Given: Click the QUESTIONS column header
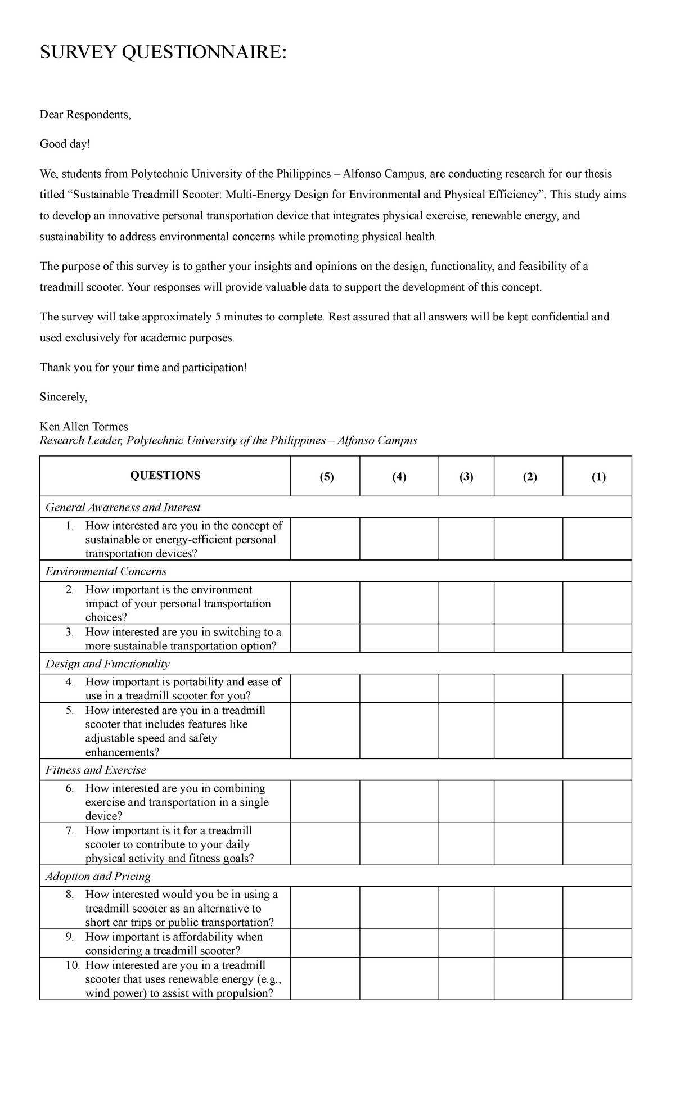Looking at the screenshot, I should [165, 476].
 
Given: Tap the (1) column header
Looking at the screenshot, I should [598, 477].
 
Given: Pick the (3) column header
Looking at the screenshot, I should [466, 477].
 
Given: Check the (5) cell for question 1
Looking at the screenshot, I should [325, 539].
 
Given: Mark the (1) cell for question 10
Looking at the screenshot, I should [597, 979].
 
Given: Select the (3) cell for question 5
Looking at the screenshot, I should [466, 730].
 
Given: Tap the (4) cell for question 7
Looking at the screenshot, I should [399, 844].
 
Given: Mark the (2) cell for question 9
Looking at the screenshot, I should [528, 943].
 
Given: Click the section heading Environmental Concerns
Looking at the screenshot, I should [106, 571].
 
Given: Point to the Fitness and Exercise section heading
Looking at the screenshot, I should [96, 770].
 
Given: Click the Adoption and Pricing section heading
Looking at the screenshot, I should [98, 876].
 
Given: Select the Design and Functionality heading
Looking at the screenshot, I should [107, 663].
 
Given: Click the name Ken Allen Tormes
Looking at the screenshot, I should [84, 427].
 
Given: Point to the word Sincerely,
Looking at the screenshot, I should [64, 397].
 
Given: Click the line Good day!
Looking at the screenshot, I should [65, 144].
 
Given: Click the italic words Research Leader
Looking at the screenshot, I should [80, 440].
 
